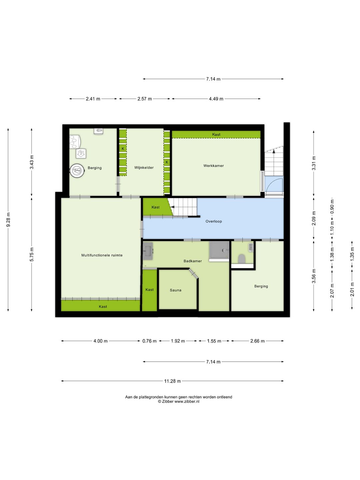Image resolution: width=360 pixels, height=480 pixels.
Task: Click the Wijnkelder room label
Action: pos(144,168)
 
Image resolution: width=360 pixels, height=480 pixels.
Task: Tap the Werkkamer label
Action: pos(214,166)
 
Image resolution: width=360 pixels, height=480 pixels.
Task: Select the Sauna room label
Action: pos(176,290)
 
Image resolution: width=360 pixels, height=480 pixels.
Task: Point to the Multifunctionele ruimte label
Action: pos(102,255)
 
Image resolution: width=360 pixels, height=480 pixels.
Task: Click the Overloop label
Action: pos(214,221)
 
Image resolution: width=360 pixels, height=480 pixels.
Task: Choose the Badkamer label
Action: pos(193,261)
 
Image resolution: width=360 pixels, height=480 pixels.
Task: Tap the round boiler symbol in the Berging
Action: pos(77,170)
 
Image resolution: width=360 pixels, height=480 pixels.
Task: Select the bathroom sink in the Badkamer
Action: pos(148,251)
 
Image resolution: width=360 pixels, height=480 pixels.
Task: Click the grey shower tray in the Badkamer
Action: pos(219,250)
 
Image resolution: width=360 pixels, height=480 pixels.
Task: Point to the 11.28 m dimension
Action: pos(172,381)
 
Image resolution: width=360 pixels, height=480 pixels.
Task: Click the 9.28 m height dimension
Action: pos(8,220)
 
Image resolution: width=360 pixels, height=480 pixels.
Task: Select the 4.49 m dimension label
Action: pos(216,99)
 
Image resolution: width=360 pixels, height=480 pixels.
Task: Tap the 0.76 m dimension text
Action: pos(150,341)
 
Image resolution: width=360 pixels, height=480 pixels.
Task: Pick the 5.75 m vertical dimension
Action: pos(32,255)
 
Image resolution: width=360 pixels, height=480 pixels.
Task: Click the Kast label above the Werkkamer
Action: pos(216,134)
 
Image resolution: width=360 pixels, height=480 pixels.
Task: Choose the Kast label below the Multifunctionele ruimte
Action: pos(103,307)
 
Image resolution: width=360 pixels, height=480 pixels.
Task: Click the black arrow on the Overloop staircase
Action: pos(173,207)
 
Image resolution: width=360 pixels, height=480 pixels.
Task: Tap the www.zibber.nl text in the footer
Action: pos(187,401)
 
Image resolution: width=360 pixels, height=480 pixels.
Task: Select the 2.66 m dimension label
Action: pos(257,341)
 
